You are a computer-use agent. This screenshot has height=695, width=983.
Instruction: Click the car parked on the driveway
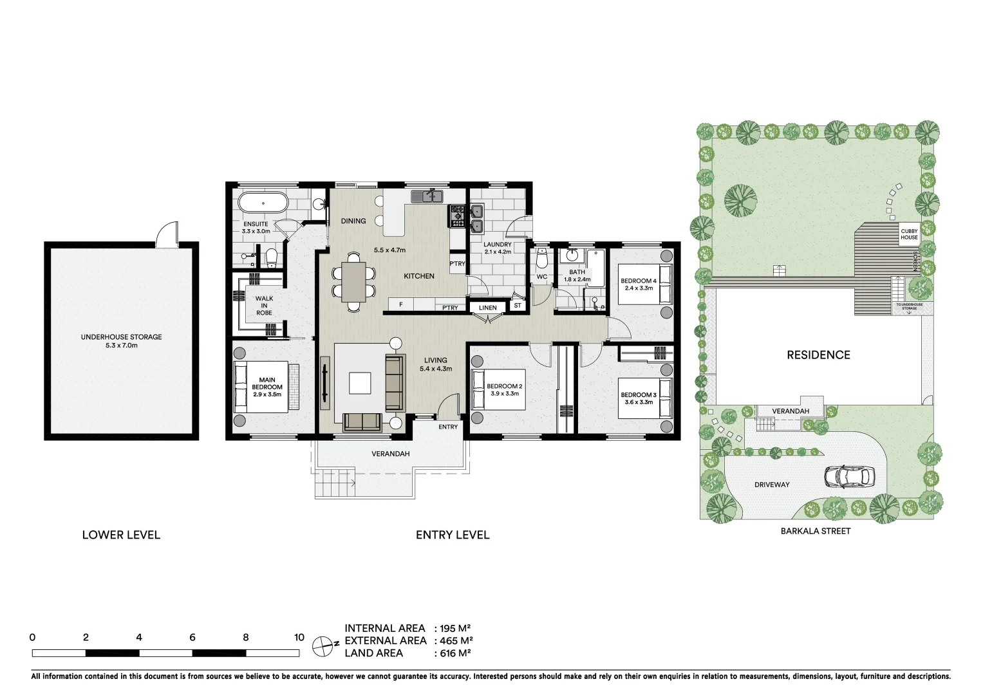coord(849,476)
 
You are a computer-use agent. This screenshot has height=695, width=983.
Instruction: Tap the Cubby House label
coord(909,234)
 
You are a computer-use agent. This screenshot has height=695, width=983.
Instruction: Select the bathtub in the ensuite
coord(263,203)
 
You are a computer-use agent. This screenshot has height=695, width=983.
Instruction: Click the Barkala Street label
coord(815,531)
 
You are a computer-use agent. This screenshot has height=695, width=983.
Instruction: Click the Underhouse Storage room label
coord(121,340)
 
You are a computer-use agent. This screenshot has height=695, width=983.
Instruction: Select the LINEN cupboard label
coord(487,308)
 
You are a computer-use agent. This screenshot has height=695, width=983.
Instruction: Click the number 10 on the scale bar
coord(299,638)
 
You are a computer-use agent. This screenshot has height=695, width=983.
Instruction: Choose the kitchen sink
coord(427,196)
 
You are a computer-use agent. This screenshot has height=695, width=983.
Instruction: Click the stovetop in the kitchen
coord(458,216)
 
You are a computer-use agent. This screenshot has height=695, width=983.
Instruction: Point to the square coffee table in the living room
coord(360,384)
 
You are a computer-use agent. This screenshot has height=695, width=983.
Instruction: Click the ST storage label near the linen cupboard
coord(518,306)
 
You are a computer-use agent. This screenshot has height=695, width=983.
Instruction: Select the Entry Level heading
coord(452,535)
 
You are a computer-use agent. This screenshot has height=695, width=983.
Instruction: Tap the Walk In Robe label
coord(264,306)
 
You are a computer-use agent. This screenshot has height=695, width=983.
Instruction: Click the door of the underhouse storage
coord(167,233)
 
